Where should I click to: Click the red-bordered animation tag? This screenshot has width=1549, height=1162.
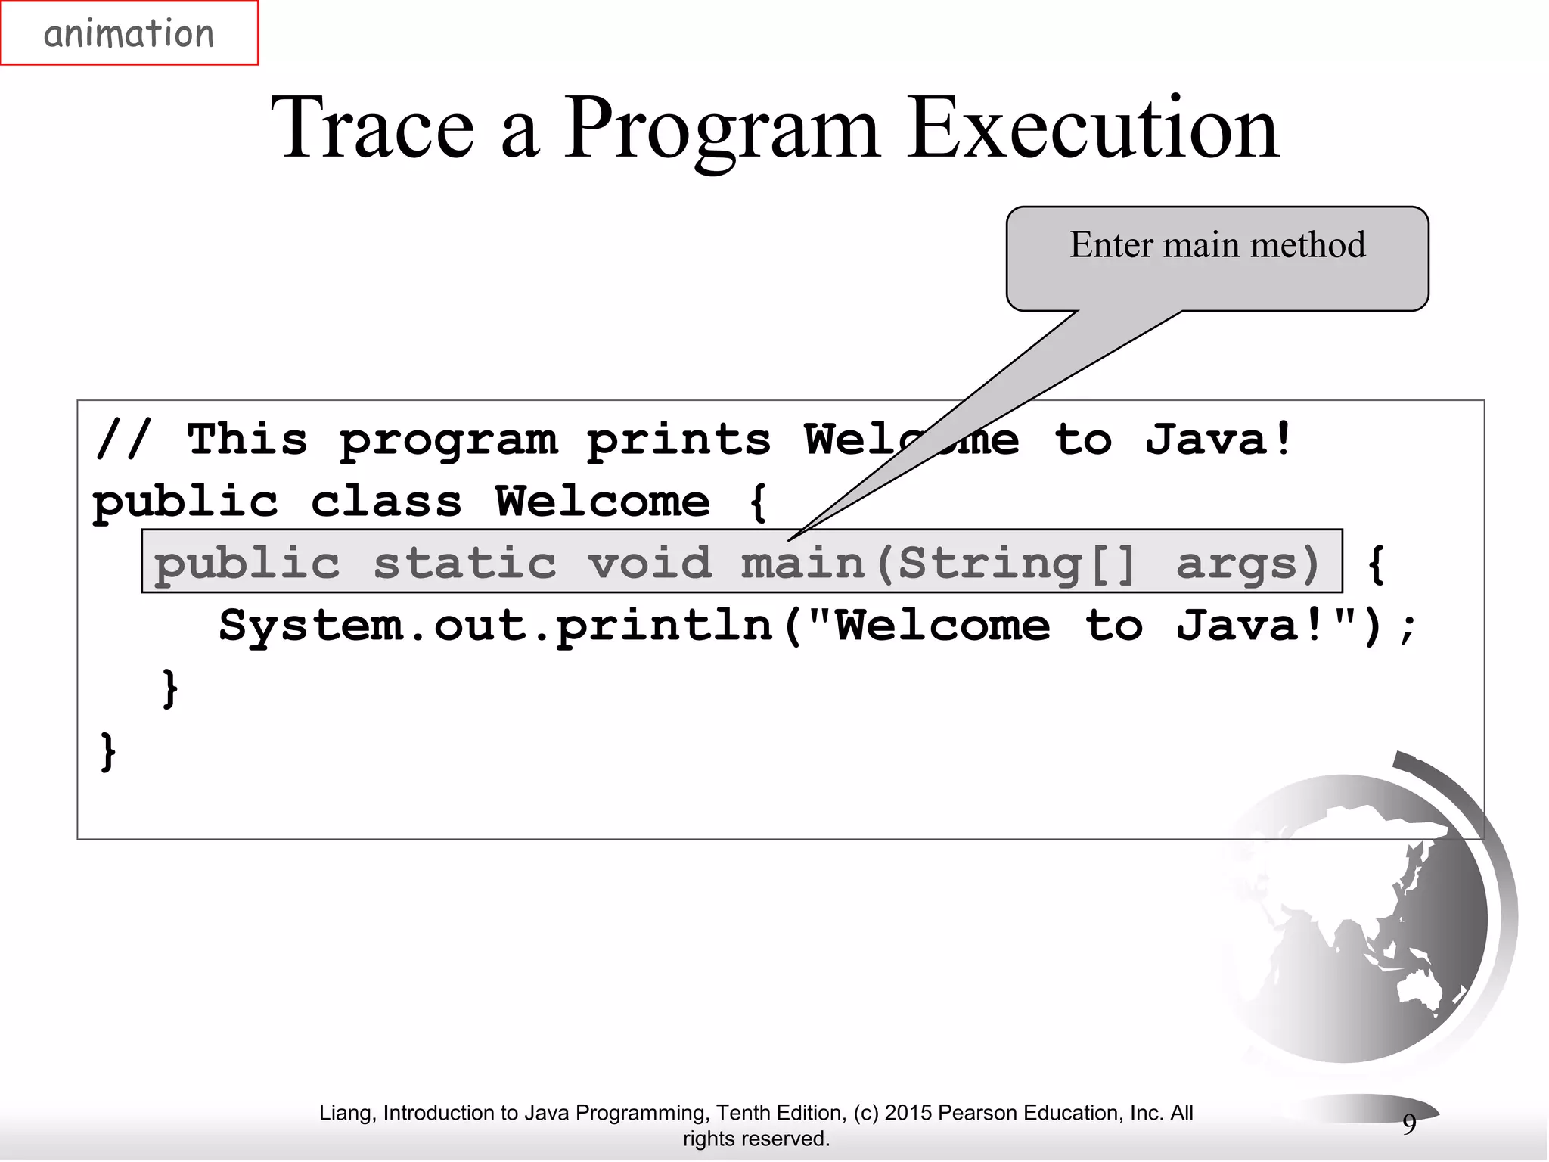coord(129,33)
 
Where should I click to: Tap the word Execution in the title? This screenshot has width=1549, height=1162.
coord(1092,129)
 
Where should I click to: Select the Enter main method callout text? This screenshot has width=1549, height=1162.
coord(1217,245)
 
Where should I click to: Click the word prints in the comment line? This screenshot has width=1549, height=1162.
coord(678,441)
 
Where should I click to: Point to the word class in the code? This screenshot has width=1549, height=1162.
coord(386,502)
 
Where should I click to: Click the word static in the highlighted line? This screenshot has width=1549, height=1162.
coord(464,564)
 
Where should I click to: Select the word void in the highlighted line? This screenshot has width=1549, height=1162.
coord(650,564)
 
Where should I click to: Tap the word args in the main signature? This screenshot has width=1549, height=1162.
coord(1247,564)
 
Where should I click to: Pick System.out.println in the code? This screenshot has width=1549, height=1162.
coord(495,626)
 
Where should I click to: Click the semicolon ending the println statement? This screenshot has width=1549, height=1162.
coord(1407,628)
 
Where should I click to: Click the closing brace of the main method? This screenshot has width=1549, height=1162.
coord(170,688)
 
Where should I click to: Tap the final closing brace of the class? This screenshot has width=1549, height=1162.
coord(108,751)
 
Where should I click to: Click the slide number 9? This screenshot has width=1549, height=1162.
coord(1409,1124)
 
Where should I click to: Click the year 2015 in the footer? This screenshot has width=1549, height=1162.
coord(908,1113)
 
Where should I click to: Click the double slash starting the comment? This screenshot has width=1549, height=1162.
coord(123,440)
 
